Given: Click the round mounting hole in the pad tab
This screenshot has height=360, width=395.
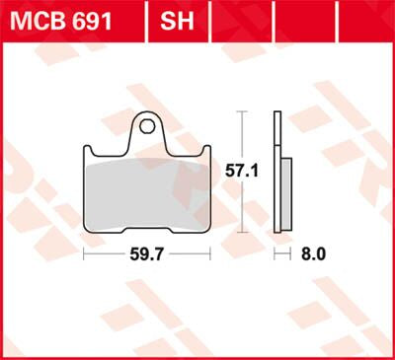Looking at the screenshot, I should click(147, 125).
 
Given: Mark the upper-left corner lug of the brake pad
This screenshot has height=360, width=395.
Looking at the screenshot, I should click(88, 152).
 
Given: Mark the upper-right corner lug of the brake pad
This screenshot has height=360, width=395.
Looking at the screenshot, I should click(205, 152).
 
